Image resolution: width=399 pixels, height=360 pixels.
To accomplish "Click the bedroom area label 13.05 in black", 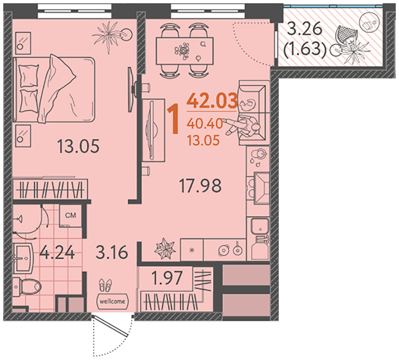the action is tap(78, 147).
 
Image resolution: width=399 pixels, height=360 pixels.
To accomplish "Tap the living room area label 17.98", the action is tap(200, 186).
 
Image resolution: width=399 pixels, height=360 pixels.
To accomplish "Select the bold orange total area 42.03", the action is tap(212, 101).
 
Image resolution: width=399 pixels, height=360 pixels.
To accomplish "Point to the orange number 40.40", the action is tap(204, 123).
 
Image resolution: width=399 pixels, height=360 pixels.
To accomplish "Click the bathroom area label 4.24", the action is tap(57, 253).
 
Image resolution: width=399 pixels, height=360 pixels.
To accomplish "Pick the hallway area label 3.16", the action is tap(112, 252).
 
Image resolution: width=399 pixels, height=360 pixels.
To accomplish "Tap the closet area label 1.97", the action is tap(167, 278).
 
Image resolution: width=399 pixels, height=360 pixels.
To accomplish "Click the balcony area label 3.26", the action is tap(305, 30).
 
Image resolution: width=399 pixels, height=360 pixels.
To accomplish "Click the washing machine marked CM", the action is tap(71, 215).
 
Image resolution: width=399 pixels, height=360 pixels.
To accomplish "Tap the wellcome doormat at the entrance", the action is tap(112, 301).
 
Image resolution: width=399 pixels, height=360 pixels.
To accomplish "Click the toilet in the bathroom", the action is tap(27, 287).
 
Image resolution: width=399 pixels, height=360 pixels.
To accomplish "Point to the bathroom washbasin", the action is tap(23, 258).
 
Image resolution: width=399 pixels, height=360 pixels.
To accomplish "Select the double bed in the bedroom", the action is tap(54, 89).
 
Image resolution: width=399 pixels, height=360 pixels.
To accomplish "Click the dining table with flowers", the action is tap(184, 51).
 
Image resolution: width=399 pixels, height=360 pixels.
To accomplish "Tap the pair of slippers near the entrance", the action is tap(105, 285).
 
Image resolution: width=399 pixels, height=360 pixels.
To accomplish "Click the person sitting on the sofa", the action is tap(242, 125).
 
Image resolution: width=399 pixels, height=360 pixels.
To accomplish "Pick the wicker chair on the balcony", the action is tap(346, 35).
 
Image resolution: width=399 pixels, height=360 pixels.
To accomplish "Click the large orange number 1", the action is tap(175, 120).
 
